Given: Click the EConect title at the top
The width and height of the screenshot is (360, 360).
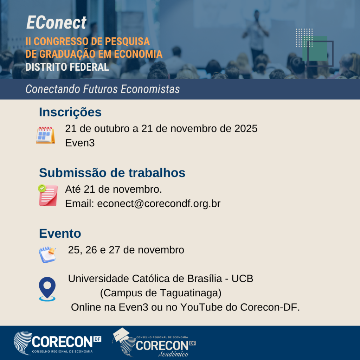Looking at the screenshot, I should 56,23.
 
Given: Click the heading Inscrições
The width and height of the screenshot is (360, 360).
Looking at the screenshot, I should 70,112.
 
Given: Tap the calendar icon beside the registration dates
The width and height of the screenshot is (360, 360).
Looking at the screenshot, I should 45,135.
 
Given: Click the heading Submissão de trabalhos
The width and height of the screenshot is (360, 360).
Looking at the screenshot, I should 112,173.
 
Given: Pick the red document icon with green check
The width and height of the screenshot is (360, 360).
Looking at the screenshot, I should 48,195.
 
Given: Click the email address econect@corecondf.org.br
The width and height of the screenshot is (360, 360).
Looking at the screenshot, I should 159,204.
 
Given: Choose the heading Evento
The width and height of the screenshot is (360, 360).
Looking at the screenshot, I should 60,233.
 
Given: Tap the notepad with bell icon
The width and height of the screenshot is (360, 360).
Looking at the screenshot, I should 47,255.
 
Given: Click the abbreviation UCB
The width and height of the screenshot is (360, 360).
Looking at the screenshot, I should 242,278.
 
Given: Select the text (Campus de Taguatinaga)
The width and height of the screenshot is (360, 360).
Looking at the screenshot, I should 161,293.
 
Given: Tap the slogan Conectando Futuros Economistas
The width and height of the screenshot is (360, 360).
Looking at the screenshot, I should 103,89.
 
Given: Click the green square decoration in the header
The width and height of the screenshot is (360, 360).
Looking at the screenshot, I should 315,48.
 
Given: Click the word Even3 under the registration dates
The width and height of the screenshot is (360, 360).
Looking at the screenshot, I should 80,143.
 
